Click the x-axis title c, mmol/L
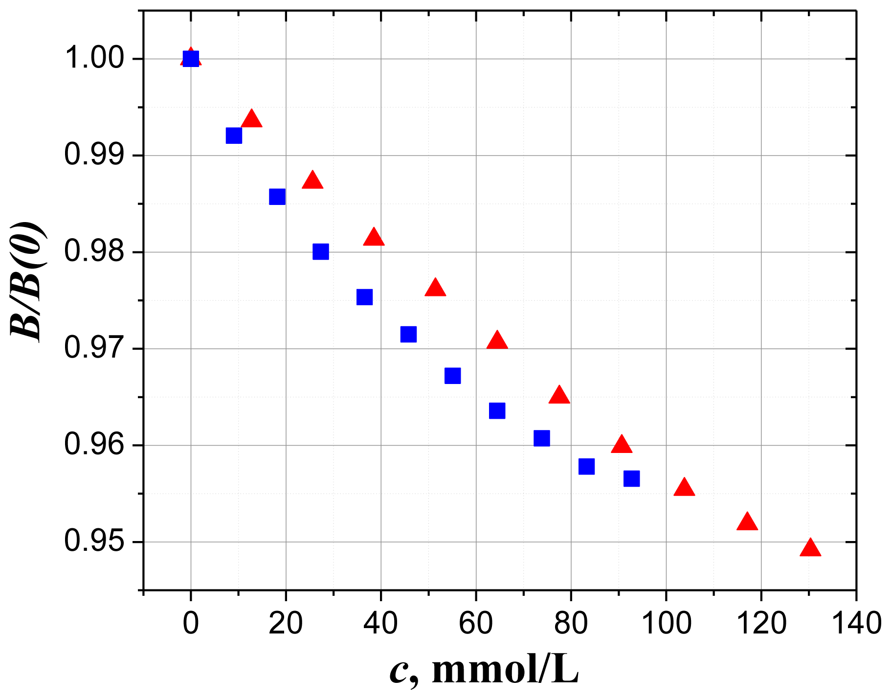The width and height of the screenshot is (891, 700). click(484, 671)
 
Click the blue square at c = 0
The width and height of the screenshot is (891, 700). click(191, 59)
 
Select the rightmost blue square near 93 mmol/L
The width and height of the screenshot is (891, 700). click(631, 478)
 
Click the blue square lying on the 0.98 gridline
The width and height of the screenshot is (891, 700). click(320, 252)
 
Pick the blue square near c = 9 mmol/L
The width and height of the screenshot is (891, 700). click(234, 135)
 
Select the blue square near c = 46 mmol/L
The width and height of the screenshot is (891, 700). click(408, 334)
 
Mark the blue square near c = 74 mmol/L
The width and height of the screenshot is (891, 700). click(541, 438)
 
